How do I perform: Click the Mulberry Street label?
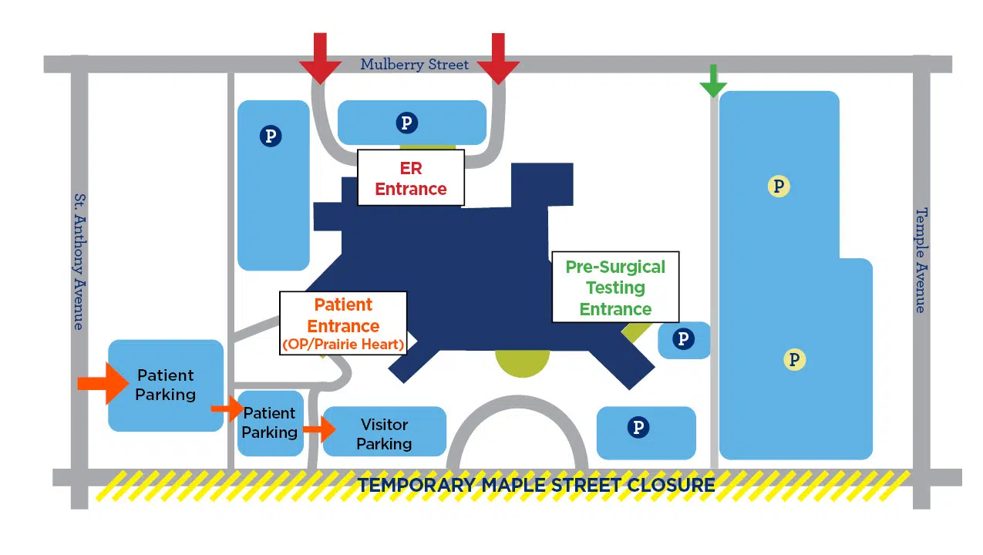(414, 65)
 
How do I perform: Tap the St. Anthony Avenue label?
(79, 261)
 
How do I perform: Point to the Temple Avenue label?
(921, 260)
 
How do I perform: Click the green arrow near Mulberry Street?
(713, 80)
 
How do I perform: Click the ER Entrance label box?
(411, 178)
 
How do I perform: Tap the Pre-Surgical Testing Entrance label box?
(615, 287)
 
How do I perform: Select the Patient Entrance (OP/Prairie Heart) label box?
(343, 324)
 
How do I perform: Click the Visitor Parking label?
(384, 434)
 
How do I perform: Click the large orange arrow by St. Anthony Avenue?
(103, 382)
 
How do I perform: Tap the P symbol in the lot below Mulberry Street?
(406, 122)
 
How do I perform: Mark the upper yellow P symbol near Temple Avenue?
(779, 186)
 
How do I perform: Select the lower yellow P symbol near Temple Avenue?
(794, 359)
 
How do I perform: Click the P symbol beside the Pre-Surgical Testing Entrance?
(683, 338)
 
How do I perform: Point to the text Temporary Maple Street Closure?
(536, 486)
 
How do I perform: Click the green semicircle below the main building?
(522, 363)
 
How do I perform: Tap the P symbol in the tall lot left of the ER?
(271, 136)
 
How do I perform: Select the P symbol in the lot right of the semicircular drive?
(638, 428)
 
